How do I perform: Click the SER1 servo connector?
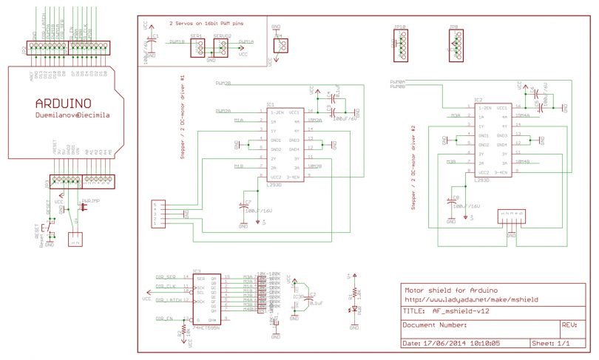pyautogui.click(x=197, y=48)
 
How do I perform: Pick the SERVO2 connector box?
pyautogui.click(x=222, y=48)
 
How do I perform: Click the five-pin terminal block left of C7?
pyautogui.click(x=158, y=213)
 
